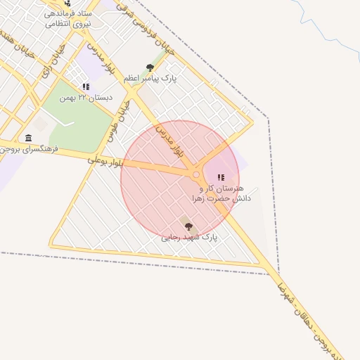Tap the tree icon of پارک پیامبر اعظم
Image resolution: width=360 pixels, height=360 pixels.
[150, 67]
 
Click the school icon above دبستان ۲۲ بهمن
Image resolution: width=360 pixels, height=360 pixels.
[86, 86]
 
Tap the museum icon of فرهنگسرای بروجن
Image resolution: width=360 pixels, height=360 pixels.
[28, 138]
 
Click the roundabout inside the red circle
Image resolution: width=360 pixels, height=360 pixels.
[196, 174]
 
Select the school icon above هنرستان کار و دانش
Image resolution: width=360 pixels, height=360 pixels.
[221, 178]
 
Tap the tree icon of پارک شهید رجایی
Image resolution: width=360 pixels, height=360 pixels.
[188, 226]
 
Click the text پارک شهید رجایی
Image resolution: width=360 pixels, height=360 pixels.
[189, 238]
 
